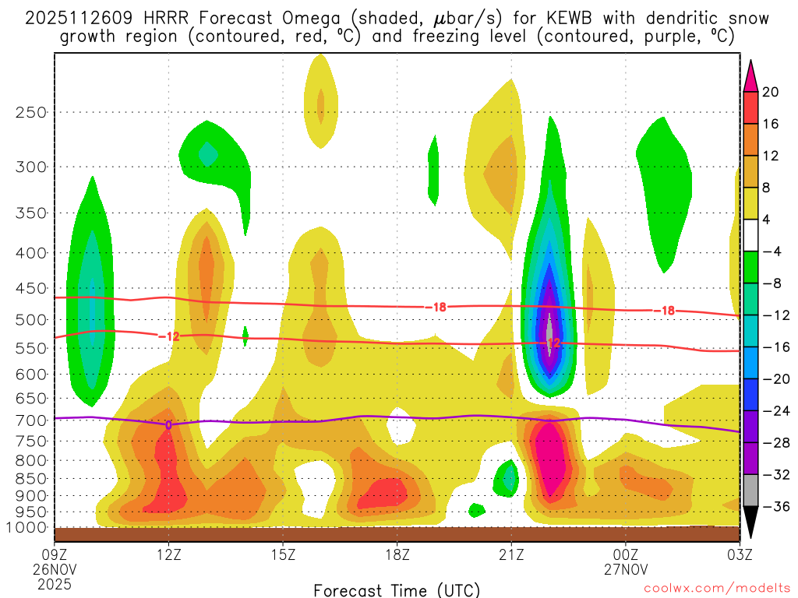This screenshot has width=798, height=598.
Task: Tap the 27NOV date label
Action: [x=626, y=569]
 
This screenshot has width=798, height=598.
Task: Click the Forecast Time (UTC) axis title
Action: [x=397, y=589]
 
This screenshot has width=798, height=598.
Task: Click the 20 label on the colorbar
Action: [x=771, y=92]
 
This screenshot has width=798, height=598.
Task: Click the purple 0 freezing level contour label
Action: [x=168, y=424]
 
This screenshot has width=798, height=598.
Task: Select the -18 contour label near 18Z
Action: [x=439, y=307]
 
